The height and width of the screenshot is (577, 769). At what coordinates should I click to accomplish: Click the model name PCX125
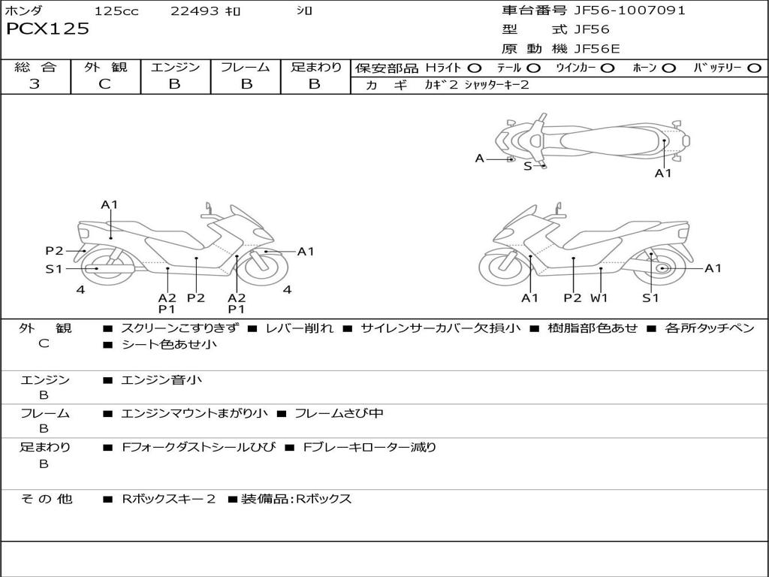[x=47, y=29]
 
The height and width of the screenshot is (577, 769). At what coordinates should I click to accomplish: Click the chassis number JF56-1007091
[x=629, y=11]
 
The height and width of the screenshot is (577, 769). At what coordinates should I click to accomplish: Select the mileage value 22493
[x=195, y=11]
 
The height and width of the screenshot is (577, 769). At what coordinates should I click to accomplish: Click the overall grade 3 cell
[x=35, y=84]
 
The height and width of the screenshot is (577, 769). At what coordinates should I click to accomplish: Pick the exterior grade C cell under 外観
[x=105, y=84]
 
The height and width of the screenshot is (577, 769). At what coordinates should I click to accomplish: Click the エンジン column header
[x=175, y=68]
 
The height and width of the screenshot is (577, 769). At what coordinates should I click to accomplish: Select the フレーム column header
[x=245, y=68]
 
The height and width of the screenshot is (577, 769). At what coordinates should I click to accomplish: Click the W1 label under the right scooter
[x=599, y=298]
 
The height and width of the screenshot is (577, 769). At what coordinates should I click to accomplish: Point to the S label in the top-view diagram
[x=527, y=166]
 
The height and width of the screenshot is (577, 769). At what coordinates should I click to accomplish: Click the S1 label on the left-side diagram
[x=54, y=269]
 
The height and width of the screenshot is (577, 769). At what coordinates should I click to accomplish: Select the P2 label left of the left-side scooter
[x=54, y=251]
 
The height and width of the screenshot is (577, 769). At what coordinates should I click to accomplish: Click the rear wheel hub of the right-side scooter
[x=662, y=268]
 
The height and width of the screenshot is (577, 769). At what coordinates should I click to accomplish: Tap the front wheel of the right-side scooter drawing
[x=502, y=267]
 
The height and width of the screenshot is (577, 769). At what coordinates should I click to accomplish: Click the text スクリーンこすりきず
[x=180, y=328]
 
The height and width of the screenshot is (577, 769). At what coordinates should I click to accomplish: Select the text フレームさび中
[x=339, y=413]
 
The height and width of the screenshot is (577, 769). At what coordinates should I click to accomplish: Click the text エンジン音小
[x=161, y=380]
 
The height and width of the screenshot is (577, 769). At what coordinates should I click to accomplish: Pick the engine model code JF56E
[x=597, y=49]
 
